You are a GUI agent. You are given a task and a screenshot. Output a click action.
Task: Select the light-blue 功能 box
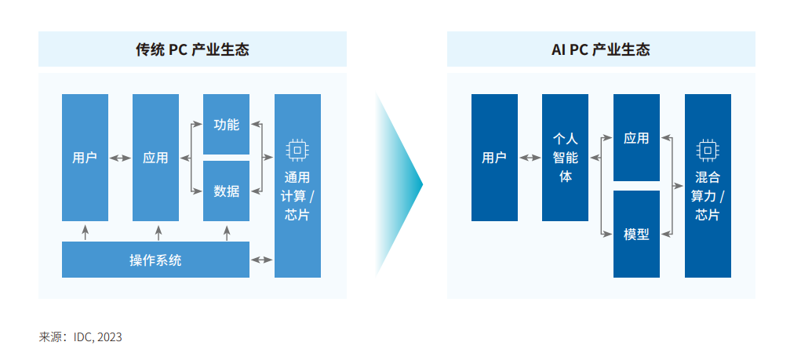click(x=226, y=124)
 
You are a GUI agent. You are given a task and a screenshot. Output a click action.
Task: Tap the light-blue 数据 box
click(x=226, y=191)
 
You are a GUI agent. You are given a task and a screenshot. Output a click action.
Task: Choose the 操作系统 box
click(x=155, y=260)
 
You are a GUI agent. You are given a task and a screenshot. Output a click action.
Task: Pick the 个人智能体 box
click(x=565, y=158)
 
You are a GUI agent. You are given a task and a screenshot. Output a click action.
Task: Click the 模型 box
click(x=636, y=234)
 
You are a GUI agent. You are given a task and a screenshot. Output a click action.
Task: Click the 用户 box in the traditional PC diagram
click(x=85, y=158)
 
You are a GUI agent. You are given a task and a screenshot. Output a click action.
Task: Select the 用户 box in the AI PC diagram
click(x=494, y=158)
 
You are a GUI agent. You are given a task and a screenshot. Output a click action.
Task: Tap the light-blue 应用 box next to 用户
click(x=155, y=158)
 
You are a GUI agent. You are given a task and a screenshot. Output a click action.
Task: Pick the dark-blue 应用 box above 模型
click(x=636, y=138)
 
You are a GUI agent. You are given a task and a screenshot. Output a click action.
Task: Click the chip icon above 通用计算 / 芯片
click(x=297, y=149)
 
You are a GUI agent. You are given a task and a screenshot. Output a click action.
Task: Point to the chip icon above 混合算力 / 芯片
click(x=707, y=150)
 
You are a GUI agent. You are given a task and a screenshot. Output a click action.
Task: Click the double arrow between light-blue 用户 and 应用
click(x=120, y=158)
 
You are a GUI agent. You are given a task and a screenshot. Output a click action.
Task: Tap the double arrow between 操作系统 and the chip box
click(x=261, y=259)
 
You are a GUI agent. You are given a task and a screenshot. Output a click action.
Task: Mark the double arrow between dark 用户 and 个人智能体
click(x=530, y=158)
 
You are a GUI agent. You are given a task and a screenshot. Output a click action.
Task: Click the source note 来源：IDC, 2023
click(x=81, y=337)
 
